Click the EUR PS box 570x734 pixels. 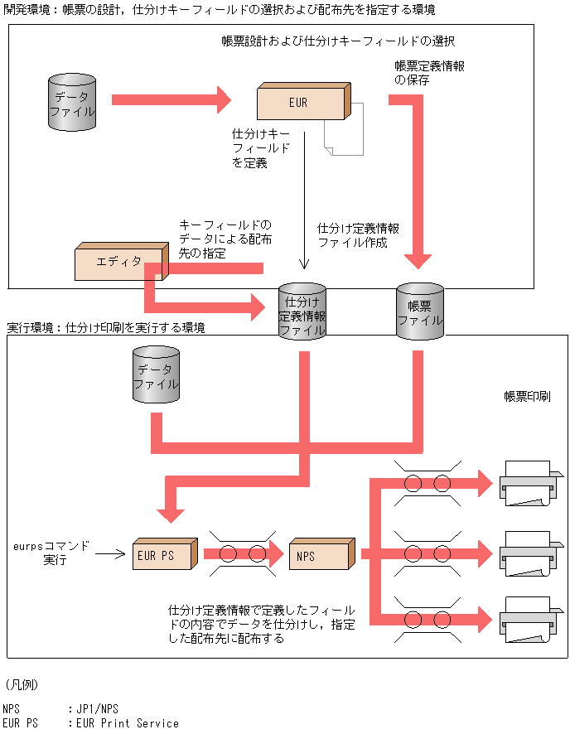(162, 555)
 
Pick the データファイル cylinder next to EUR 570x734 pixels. (71, 104)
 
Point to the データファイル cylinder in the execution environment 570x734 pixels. (156, 377)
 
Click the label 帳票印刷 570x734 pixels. (527, 397)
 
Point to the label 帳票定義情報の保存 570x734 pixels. (429, 73)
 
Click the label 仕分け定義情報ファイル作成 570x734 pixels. (358, 235)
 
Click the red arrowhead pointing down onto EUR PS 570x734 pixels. (171, 513)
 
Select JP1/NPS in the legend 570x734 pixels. (98, 708)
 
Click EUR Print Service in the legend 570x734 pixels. (128, 723)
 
